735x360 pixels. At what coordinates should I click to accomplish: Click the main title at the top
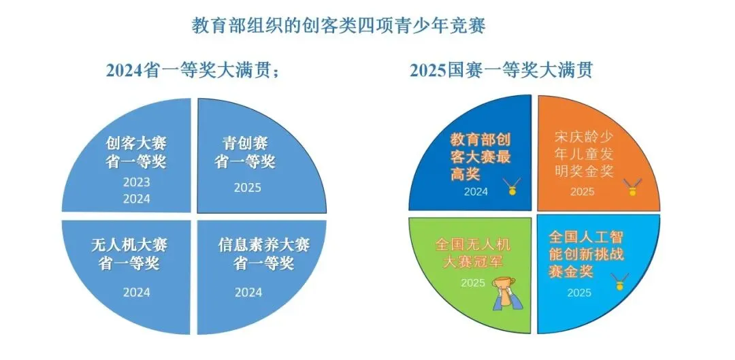click(338, 26)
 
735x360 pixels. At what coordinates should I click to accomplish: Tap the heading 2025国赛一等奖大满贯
click(500, 70)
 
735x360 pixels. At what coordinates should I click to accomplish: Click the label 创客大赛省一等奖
click(136, 152)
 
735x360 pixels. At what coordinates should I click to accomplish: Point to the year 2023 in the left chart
click(136, 182)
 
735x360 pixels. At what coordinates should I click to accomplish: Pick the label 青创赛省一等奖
click(245, 152)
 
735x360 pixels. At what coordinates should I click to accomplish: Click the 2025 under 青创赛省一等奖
click(247, 187)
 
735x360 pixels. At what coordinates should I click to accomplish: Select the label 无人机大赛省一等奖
click(129, 253)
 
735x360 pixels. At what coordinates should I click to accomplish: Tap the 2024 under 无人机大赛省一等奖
click(136, 292)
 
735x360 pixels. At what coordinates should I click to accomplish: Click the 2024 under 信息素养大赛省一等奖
click(248, 292)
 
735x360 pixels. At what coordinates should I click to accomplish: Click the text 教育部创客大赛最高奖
click(480, 157)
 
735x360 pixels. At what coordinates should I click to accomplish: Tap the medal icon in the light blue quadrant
click(619, 282)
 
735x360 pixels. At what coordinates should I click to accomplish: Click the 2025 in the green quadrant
click(473, 282)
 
